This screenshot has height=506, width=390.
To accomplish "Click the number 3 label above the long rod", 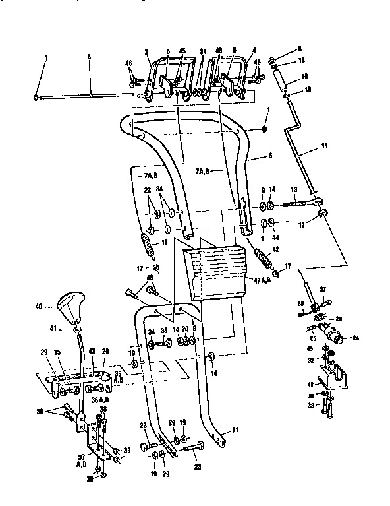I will pyautogui.click(x=89, y=57).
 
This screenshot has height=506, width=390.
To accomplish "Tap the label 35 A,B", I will pyautogui.click(x=118, y=381).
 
